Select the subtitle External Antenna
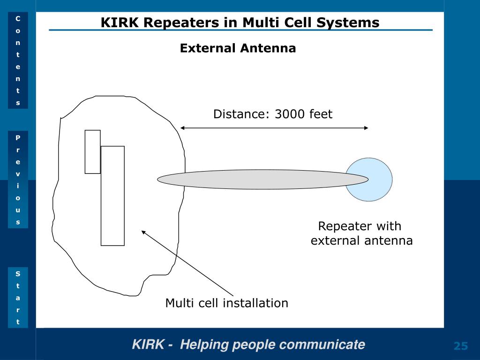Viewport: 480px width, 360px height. coord(238,48)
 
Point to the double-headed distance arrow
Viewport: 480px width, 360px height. coord(274,128)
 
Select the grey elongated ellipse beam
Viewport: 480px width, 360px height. coord(262,180)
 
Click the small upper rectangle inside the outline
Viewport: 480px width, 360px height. coord(93,152)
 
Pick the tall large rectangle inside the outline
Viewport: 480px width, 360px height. coord(112,196)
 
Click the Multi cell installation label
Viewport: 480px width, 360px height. coord(227,303)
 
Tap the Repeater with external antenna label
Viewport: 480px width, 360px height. coord(361,233)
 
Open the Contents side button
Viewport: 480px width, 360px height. coord(18,60)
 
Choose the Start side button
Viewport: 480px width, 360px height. coord(18,298)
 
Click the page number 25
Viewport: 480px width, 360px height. coord(461,346)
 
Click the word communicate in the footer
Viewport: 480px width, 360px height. coord(322,345)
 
